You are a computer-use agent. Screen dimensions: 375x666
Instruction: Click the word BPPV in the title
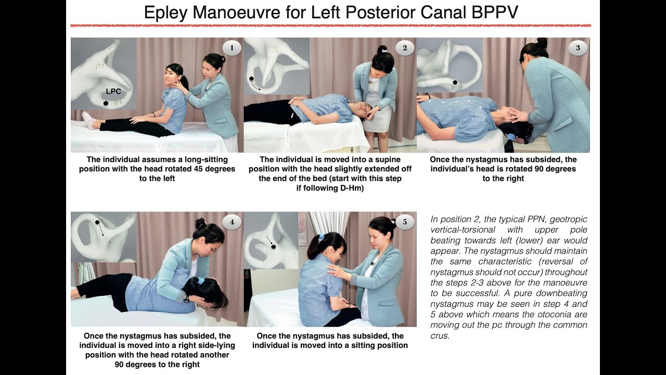pos(494,12)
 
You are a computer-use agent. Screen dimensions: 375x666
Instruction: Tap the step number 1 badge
pos(232,48)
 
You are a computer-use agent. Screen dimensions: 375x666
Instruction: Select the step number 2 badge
pos(405,48)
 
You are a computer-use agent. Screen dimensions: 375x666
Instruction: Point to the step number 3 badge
pos(578,48)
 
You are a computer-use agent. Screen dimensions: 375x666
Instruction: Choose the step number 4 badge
pos(232,222)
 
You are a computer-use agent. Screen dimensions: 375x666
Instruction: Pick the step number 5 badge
pos(405,222)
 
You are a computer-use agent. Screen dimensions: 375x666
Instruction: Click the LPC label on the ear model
pos(113,92)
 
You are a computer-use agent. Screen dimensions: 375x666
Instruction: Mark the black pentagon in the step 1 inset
pos(106,103)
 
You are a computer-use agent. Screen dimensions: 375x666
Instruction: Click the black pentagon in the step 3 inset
pos(455,82)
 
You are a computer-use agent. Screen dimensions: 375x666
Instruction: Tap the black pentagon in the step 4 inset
pos(97,222)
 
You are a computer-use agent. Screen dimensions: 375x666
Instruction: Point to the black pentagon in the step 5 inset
pos(273,246)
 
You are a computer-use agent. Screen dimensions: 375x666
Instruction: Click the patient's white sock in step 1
pos(88,121)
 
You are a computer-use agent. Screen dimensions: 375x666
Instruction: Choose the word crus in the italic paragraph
pos(440,336)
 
